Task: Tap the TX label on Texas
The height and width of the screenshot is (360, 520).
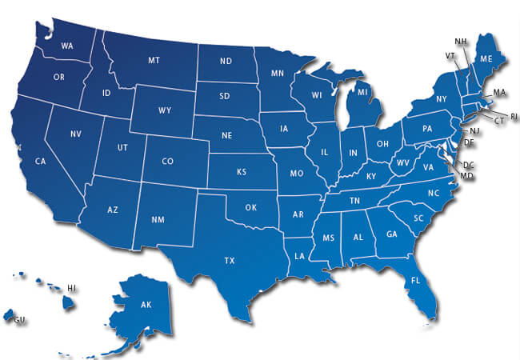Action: click(x=230, y=260)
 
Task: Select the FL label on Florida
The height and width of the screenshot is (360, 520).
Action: click(x=415, y=281)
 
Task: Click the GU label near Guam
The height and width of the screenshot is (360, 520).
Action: click(x=18, y=319)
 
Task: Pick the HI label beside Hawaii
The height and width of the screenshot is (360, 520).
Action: click(x=71, y=287)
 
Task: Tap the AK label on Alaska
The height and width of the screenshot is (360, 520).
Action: click(x=146, y=306)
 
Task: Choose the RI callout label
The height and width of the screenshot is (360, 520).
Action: click(x=514, y=117)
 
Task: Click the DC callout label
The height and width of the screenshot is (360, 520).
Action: click(x=469, y=166)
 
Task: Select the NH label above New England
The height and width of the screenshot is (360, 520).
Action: click(x=461, y=41)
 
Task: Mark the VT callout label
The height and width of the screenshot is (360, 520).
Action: click(x=450, y=55)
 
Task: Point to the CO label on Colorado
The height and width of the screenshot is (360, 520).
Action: click(x=167, y=161)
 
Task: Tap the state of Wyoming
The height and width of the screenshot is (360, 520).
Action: click(x=166, y=109)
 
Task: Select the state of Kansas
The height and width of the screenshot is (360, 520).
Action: click(x=241, y=172)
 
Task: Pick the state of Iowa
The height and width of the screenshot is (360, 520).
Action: click(x=286, y=127)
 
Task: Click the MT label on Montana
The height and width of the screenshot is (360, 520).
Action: click(x=154, y=61)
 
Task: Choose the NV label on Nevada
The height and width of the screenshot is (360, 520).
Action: click(x=76, y=134)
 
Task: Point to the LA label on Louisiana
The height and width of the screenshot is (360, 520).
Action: click(x=299, y=256)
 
